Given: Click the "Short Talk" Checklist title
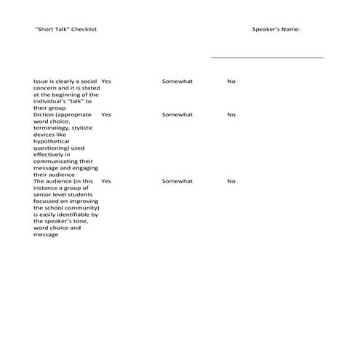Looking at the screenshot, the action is click(65, 29).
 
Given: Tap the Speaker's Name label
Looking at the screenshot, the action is click(276, 29).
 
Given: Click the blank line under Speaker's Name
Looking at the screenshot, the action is click(267, 57).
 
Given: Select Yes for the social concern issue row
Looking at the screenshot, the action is click(106, 81).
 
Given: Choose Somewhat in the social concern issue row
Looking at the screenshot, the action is click(177, 81).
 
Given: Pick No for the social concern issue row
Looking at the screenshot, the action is click(231, 81).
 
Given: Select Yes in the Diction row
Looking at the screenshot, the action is click(106, 115).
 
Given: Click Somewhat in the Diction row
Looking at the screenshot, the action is click(177, 115).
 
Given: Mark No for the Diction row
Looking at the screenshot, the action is click(231, 115).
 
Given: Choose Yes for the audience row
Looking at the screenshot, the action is click(106, 181).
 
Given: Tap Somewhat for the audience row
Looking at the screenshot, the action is click(177, 181).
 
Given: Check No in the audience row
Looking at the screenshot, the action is click(231, 181).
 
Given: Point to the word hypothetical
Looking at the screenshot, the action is click(52, 141).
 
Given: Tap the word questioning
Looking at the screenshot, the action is click(53, 148).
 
